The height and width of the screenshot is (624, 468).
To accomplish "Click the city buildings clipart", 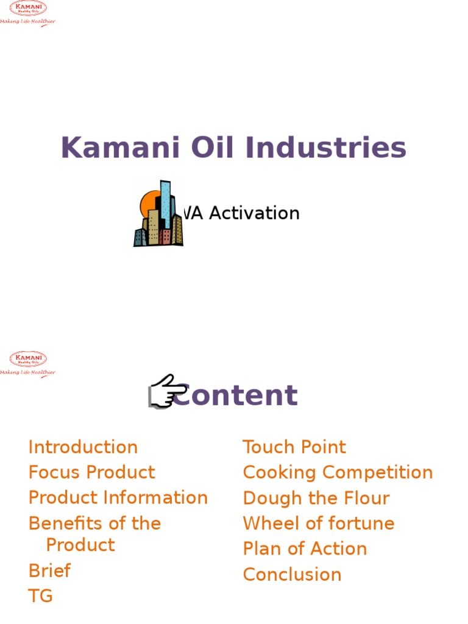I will click(159, 214).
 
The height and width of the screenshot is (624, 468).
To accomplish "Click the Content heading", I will click(235, 395).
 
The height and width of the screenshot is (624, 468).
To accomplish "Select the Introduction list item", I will click(83, 447).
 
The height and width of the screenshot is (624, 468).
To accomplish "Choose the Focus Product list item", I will click(91, 472).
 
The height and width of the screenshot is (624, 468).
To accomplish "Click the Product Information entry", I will click(118, 497).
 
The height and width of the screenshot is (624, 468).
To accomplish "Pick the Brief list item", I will click(49, 570).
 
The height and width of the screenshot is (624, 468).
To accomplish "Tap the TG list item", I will click(40, 595).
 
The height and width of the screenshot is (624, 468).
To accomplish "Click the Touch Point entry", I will click(294, 447).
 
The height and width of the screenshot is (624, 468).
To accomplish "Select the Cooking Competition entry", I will click(338, 472).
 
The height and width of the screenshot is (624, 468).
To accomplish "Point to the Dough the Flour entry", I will click(316, 498).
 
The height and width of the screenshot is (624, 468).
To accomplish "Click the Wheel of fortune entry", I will click(318, 523).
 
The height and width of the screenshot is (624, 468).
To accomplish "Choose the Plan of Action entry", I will click(305, 548).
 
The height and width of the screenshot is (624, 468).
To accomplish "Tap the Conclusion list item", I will click(292, 574).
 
